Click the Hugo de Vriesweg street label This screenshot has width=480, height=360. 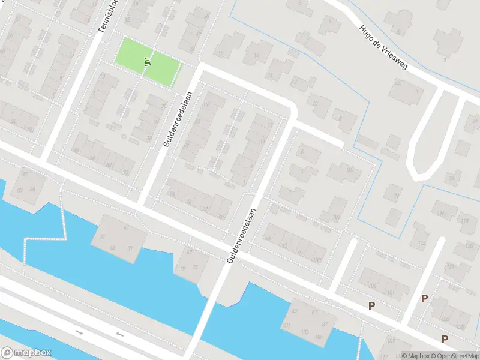(383, 47)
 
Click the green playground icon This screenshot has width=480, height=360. (148, 61)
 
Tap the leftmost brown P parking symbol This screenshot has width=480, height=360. (371, 306)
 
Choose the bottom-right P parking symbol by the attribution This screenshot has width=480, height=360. (445, 340)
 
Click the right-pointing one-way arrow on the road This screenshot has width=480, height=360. (79, 331)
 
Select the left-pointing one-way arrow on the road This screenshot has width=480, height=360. (119, 334)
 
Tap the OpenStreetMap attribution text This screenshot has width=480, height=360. (454, 356)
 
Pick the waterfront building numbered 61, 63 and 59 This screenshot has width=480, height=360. (118, 238)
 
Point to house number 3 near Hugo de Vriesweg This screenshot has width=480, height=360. (444, 60)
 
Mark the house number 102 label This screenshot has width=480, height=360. (336, 217)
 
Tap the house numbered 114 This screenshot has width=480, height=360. (422, 243)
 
